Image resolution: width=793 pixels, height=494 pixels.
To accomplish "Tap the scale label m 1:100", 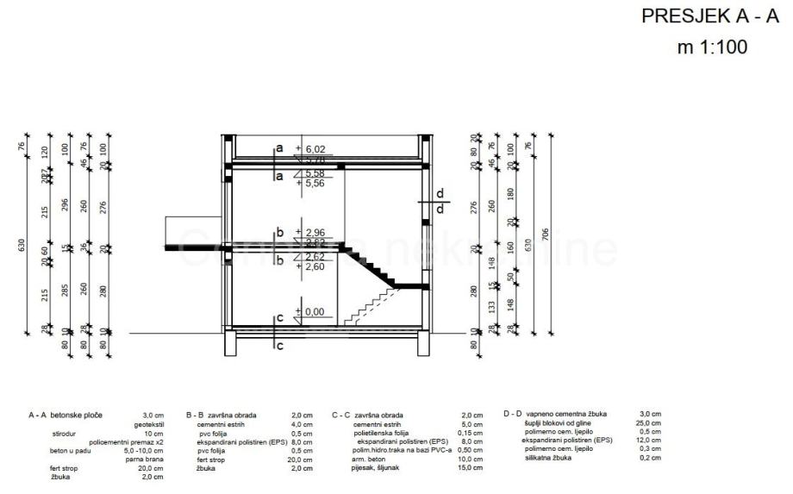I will point(713,47).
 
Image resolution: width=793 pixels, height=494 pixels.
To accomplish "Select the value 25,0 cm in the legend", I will point(650,423).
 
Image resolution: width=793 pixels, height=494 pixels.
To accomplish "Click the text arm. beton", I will point(371,460).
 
